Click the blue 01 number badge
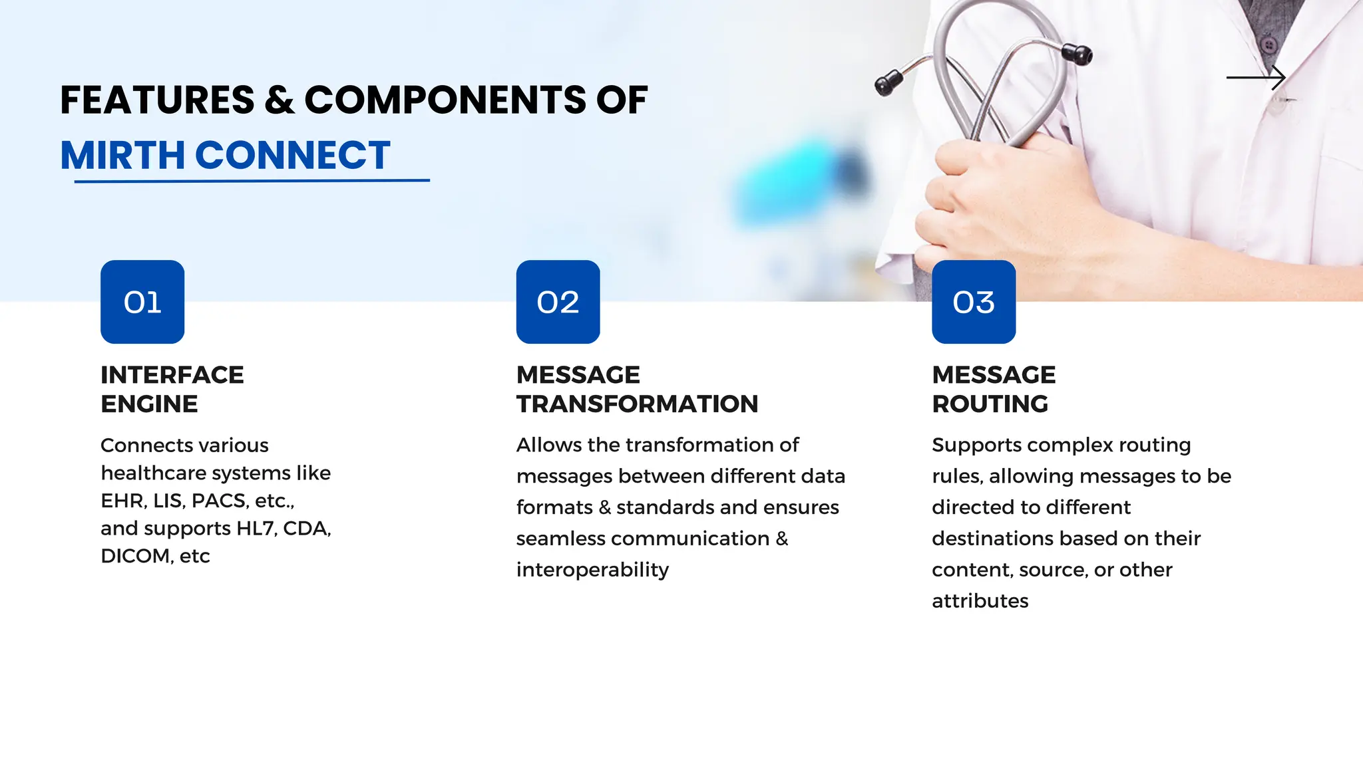click(x=142, y=302)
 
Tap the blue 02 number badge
click(x=558, y=302)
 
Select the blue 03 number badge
click(x=974, y=302)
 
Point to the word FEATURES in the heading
click(x=157, y=100)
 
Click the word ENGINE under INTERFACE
click(x=149, y=404)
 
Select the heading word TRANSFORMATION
click(x=637, y=404)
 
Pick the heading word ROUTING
click(x=990, y=404)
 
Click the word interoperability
click(x=592, y=570)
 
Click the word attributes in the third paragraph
click(x=980, y=601)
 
